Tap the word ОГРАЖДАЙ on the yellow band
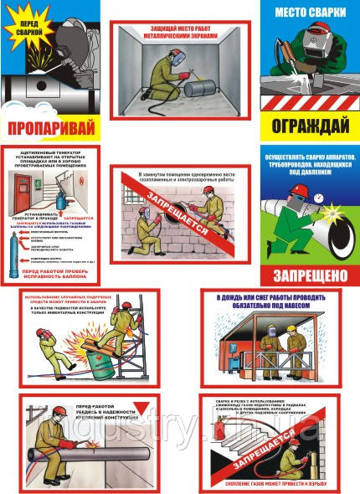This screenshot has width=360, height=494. (x=311, y=127)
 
